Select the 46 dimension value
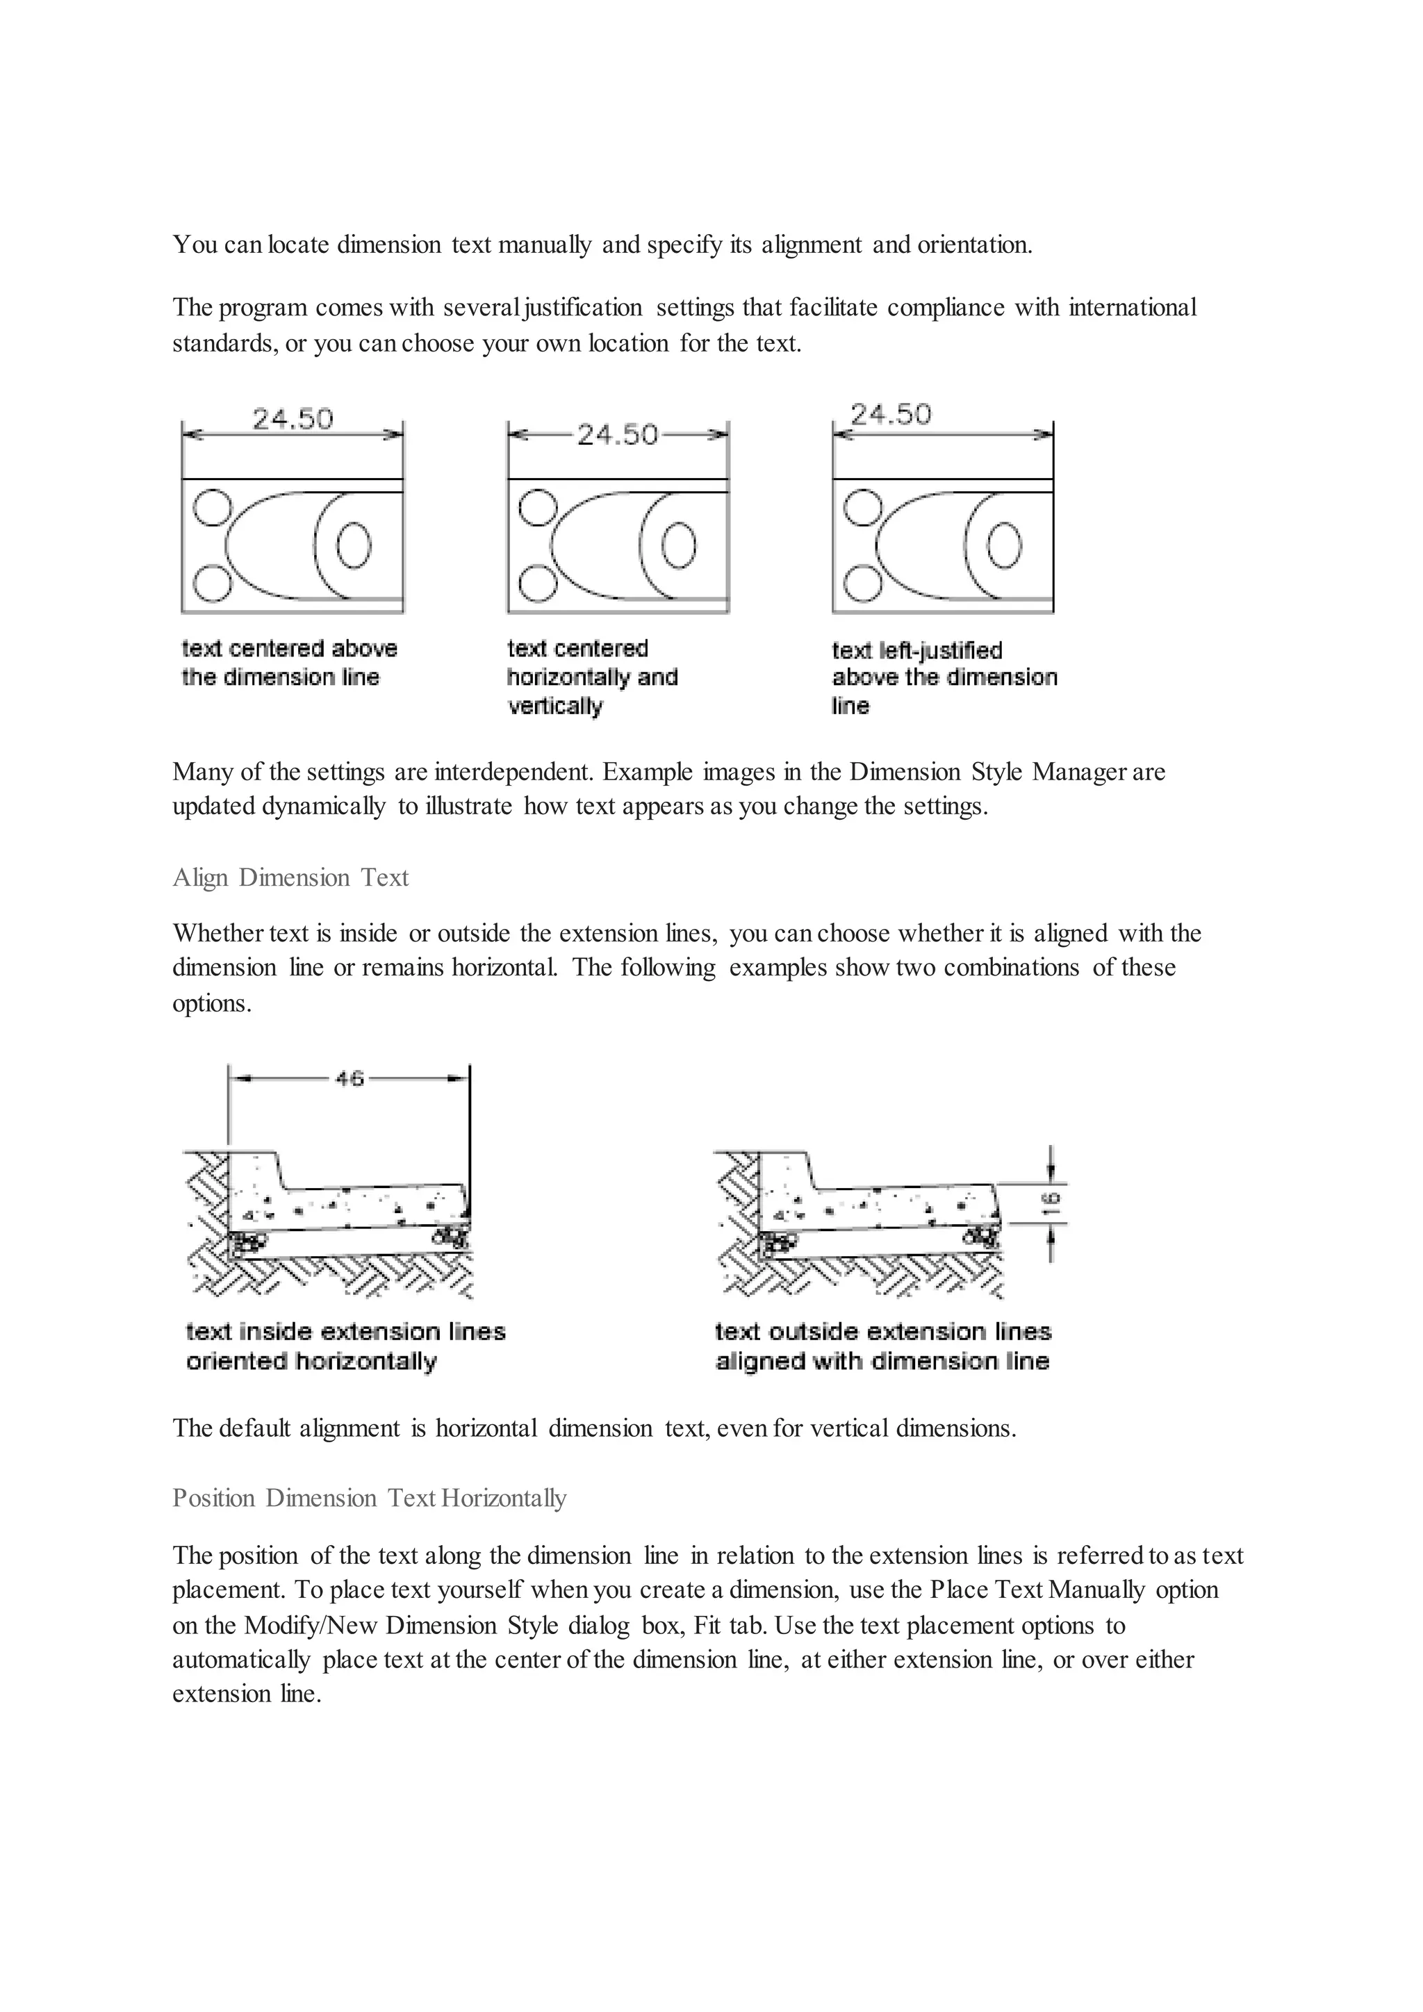(349, 1079)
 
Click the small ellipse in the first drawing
(354, 546)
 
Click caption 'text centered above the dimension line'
(289, 663)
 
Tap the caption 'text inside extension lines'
(345, 1346)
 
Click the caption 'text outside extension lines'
(882, 1346)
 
